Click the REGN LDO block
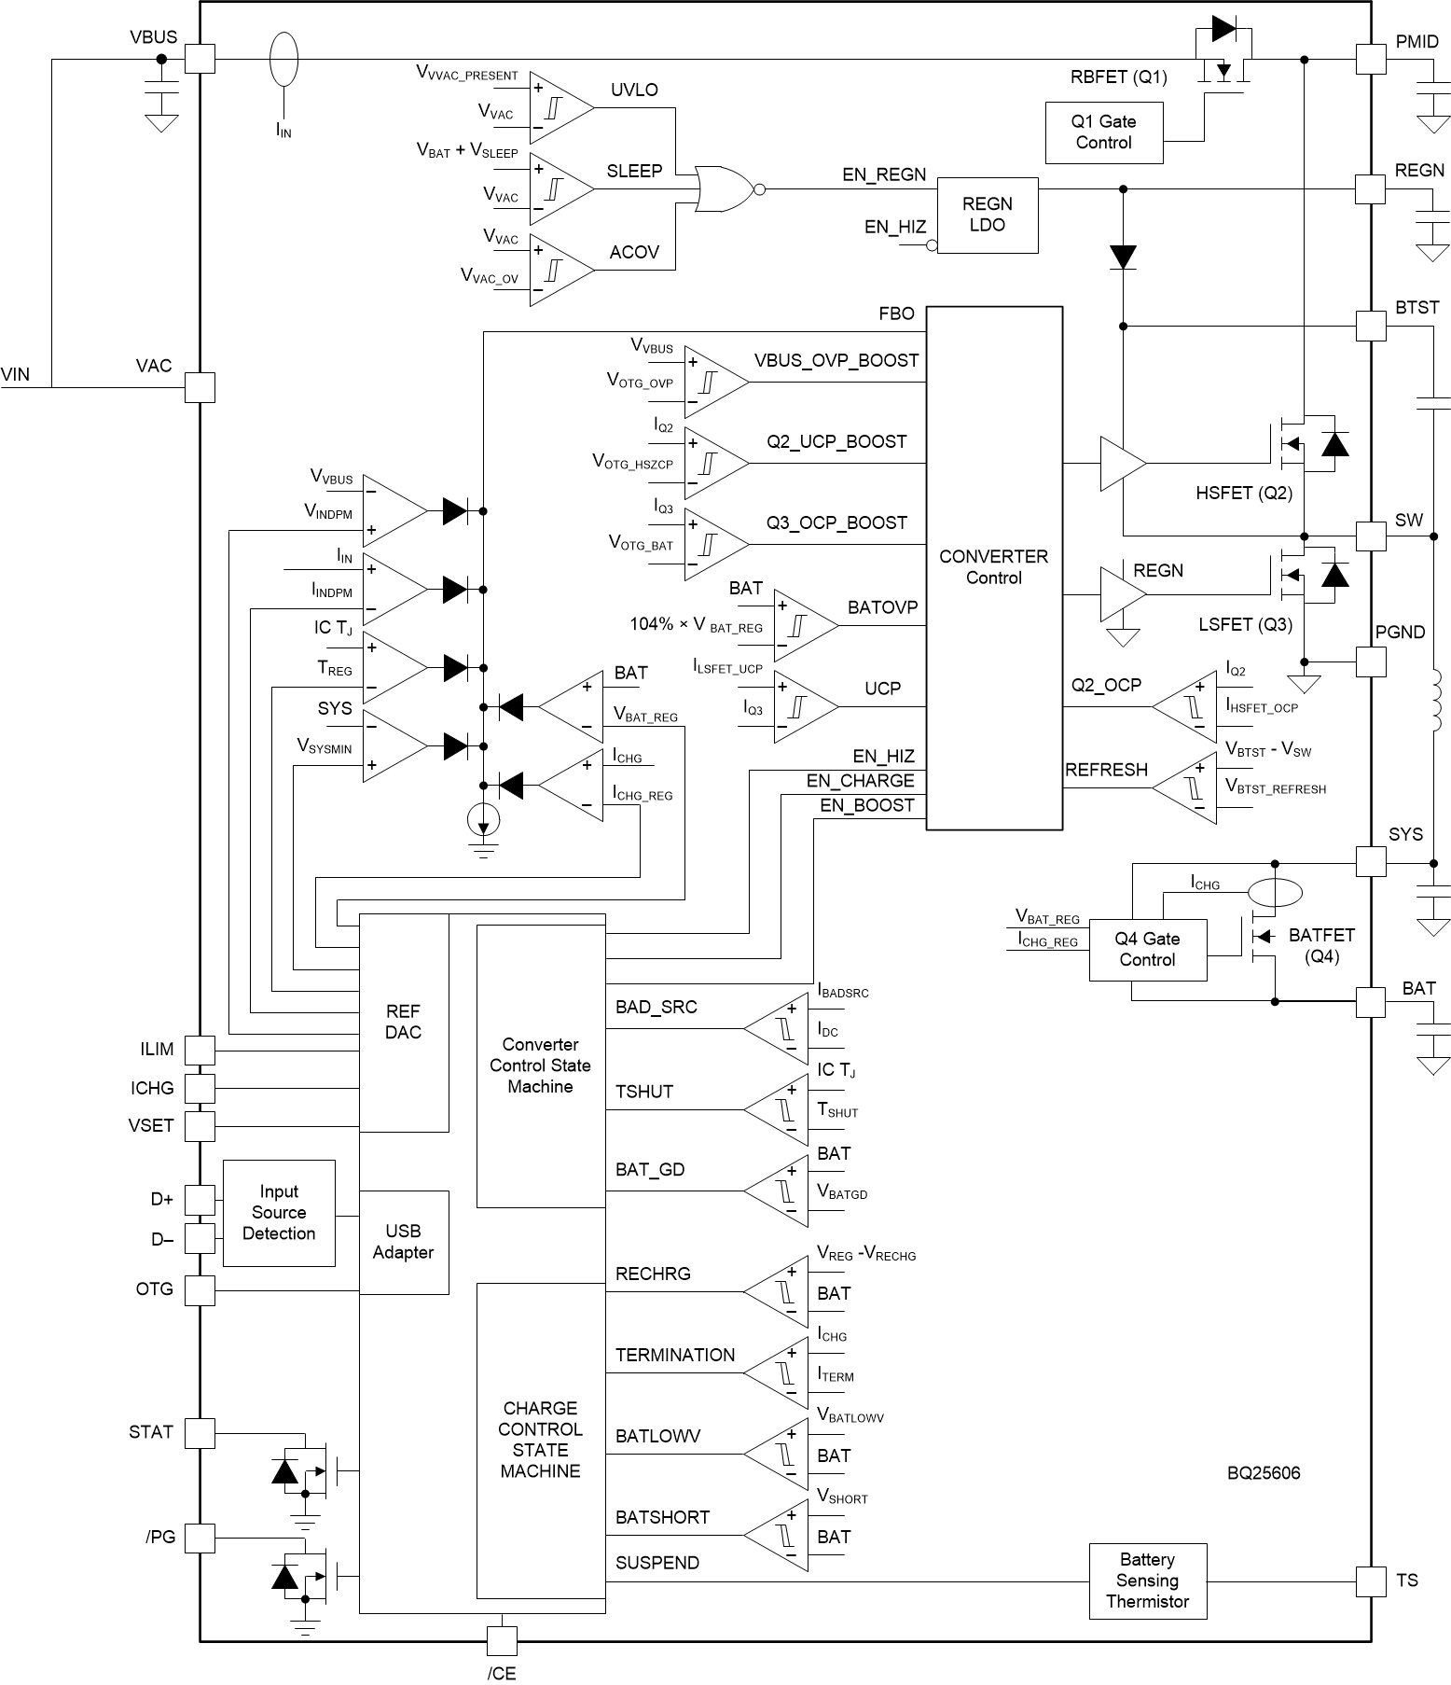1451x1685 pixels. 987,215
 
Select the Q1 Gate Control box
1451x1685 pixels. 1103,132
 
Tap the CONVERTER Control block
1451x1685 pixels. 993,567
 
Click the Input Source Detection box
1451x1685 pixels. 279,1212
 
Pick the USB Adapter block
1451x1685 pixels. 403,1242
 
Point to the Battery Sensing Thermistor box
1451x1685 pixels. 1147,1581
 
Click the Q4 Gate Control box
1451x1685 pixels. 1147,950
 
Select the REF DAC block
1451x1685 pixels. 403,1022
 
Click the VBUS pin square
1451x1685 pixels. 200,59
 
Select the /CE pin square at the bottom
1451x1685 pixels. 502,1640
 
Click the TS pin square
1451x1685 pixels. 1370,1581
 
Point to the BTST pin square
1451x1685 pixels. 1370,326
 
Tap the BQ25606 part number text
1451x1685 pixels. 1264,1473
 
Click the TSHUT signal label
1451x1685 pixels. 644,1092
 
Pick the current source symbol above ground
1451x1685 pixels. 483,820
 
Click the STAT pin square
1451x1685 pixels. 200,1432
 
